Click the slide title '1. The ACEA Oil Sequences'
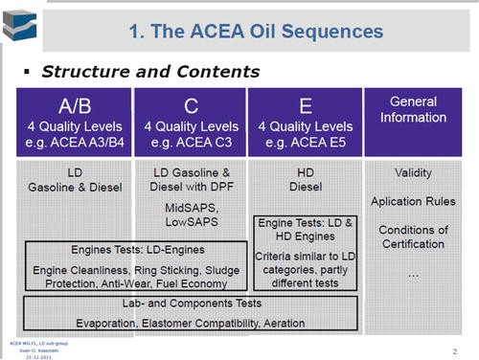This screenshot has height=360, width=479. (256, 31)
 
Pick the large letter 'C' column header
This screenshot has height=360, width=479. (190, 105)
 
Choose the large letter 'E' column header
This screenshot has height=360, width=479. (304, 105)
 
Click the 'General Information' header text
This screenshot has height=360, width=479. (415, 109)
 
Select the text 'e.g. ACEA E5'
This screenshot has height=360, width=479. (304, 143)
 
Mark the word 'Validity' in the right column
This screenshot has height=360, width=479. (414, 173)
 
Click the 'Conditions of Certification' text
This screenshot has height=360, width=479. (414, 236)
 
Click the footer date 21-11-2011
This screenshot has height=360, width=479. (24, 355)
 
